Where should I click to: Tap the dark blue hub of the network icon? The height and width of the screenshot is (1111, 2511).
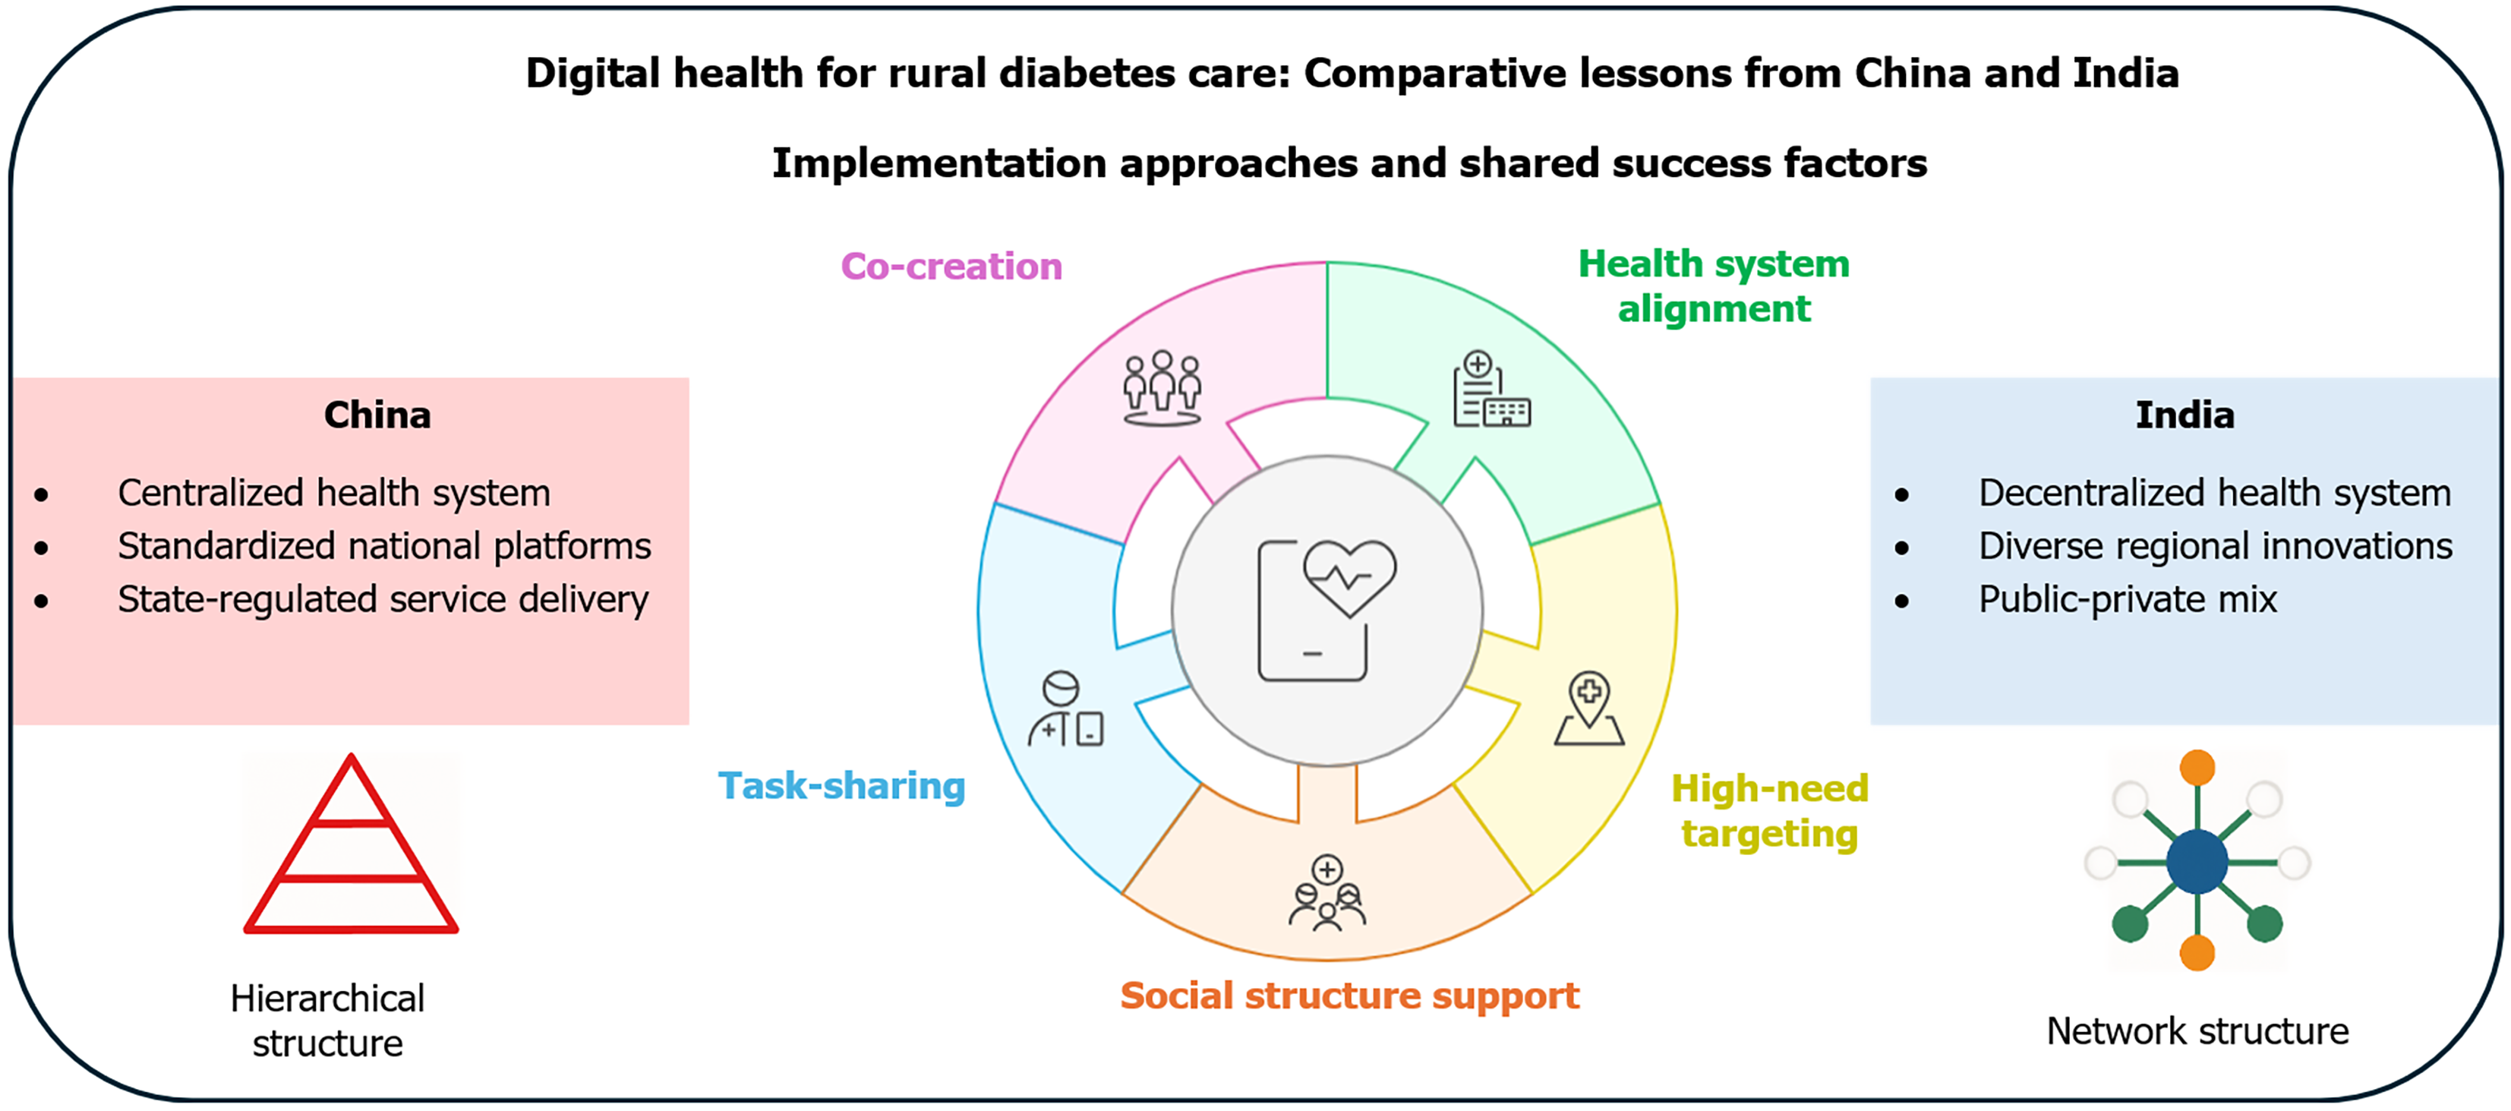[x=2197, y=861]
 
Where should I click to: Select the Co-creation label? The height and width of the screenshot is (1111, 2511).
[x=951, y=266]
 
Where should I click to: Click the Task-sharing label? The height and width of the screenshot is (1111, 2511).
[x=842, y=785]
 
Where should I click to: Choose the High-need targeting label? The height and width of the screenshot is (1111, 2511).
[x=1770, y=811]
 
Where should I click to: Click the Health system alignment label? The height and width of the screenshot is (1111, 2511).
[x=1714, y=286]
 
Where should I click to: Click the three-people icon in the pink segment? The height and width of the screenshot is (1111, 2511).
[x=1162, y=389]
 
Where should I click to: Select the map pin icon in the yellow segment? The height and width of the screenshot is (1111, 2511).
[x=1589, y=709]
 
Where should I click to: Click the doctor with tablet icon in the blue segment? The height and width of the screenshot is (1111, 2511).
[x=1065, y=709]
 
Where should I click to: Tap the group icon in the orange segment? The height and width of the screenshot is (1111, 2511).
[x=1326, y=894]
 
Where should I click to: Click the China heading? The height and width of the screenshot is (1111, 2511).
[x=377, y=415]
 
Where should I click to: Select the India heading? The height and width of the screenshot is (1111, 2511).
[x=2185, y=415]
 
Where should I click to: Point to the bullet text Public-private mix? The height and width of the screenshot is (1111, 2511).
[x=2127, y=599]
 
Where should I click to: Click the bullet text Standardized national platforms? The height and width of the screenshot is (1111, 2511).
[x=384, y=547]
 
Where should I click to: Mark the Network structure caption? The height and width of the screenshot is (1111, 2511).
[x=2197, y=1031]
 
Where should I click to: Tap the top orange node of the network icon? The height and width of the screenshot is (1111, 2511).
[x=2197, y=768]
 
